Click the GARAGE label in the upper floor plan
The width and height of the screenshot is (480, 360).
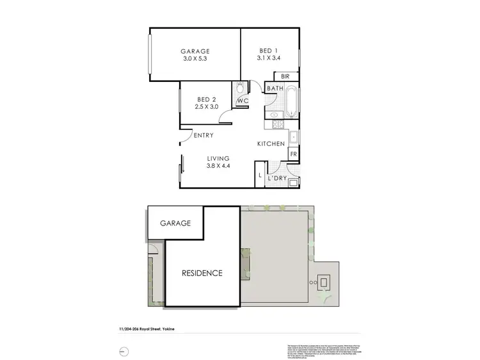[195, 51]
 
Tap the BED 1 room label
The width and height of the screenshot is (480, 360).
[269, 51]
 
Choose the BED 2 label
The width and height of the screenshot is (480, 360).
[207, 99]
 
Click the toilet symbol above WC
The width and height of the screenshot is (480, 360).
[241, 88]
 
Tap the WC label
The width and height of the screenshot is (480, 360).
[243, 102]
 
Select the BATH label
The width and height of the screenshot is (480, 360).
[275, 89]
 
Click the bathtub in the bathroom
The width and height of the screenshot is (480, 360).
[291, 102]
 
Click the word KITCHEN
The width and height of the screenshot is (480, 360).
[271, 144]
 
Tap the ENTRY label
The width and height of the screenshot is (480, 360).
[203, 136]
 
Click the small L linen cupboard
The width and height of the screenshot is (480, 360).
[260, 174]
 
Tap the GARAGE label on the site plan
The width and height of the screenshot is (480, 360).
[175, 224]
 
